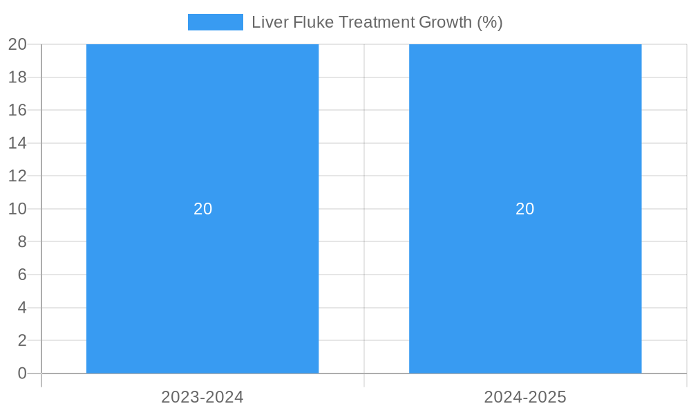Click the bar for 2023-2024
coord(202,138)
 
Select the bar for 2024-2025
coord(525,138)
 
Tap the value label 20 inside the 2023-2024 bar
coord(202,209)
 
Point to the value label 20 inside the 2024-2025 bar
coord(525,209)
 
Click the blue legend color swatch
coord(215,22)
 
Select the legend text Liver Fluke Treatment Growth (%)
coord(377,22)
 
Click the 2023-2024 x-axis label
coord(202,397)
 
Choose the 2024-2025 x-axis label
coord(525,397)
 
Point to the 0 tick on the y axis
coord(21,373)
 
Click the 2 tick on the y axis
coord(21,340)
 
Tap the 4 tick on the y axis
coord(21,308)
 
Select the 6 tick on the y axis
coord(21,275)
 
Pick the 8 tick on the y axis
coord(21,242)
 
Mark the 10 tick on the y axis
coord(17,209)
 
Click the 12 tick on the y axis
coord(17,176)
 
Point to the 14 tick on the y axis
coord(17,143)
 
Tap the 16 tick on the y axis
coord(17,110)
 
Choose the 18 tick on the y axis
coord(17,77)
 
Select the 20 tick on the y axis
coord(17,44)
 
